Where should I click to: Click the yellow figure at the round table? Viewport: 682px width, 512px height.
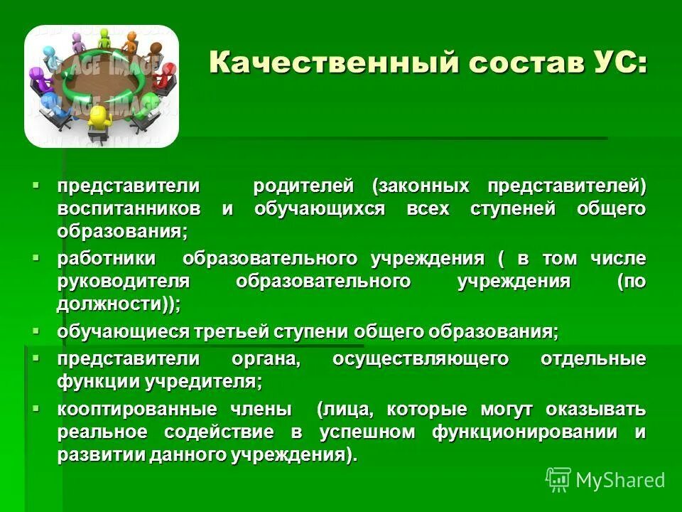[x=99, y=119]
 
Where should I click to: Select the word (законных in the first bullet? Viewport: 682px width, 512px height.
[x=421, y=186]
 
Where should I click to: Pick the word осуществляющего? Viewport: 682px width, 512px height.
[x=421, y=359]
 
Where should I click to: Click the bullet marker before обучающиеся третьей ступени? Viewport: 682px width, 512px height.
[x=37, y=331]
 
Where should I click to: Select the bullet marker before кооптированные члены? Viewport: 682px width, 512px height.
[x=37, y=409]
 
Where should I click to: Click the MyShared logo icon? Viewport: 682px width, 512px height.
[x=558, y=479]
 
